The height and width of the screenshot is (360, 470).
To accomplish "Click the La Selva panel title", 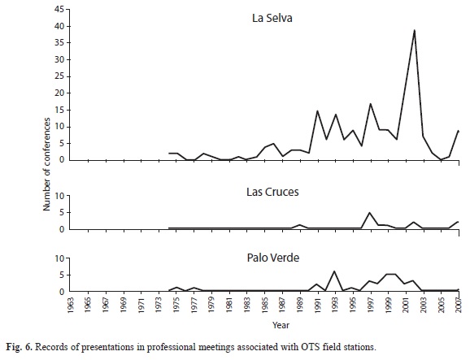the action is click(x=272, y=18).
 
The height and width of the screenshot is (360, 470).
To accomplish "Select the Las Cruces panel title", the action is click(x=272, y=192).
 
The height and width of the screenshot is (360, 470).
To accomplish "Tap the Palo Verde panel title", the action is click(x=273, y=258).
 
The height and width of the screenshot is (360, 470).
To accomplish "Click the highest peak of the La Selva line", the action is click(x=414, y=30).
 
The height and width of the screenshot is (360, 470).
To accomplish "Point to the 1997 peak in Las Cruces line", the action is click(x=369, y=213).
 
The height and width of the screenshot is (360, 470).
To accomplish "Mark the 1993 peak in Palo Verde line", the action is click(x=334, y=271).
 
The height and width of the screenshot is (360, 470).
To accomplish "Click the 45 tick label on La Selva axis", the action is click(x=59, y=9).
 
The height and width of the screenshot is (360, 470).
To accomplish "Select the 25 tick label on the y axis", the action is click(x=59, y=76).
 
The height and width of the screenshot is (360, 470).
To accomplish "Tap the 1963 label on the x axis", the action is click(x=71, y=305).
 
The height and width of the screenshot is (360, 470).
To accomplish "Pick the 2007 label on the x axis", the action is click(x=459, y=305).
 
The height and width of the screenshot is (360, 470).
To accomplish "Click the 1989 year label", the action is click(x=300, y=305).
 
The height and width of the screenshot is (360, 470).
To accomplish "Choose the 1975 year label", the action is click(x=176, y=305).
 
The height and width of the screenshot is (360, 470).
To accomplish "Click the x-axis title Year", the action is click(x=281, y=325).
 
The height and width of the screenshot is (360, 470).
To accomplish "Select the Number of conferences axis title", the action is click(x=46, y=164).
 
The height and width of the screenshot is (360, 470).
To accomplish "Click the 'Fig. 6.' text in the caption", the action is click(x=19, y=347).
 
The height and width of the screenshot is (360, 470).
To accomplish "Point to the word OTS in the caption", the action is click(x=307, y=347).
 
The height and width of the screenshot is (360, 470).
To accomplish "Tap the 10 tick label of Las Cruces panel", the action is click(x=59, y=196).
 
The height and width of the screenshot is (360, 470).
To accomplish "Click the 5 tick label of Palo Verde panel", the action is click(x=62, y=275).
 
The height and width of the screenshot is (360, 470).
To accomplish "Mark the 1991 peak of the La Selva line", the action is click(x=317, y=111).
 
